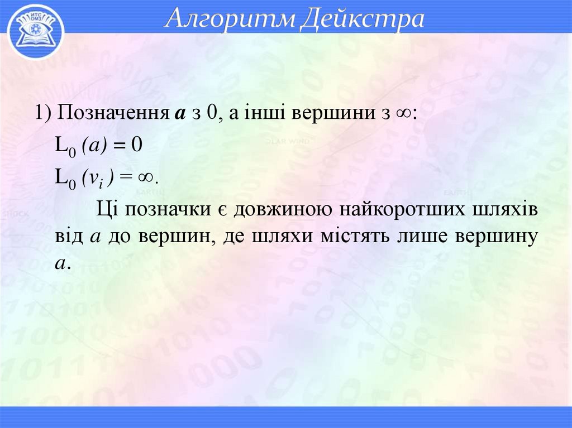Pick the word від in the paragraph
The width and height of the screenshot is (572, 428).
[68, 236]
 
